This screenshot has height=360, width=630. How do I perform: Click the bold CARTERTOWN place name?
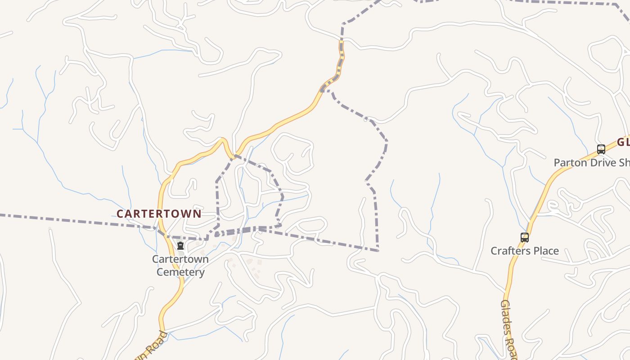159,214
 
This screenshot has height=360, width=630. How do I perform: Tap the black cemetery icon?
180,246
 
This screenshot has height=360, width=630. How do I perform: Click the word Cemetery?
180,272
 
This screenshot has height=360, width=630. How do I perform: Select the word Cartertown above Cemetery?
180,259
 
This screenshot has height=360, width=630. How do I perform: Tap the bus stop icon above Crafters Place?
524,237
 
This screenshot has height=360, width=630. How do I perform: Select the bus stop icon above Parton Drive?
601,149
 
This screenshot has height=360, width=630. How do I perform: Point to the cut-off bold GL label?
623,143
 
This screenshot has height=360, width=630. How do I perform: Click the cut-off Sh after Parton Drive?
624,162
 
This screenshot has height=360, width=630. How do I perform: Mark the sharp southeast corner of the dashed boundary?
378,251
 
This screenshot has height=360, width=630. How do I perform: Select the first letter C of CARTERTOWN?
120,214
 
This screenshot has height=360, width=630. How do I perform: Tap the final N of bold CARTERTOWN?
197,214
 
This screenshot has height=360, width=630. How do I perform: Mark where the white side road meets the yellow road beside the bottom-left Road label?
162,332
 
